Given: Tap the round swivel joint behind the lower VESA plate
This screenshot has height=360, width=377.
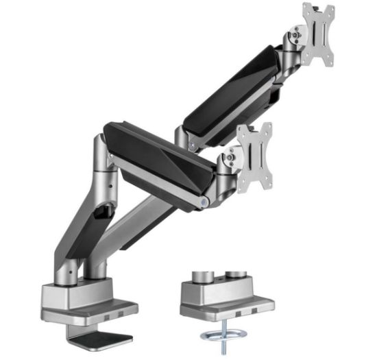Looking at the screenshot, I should coord(230,159).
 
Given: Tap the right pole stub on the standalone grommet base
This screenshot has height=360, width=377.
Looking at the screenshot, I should coord(237,275).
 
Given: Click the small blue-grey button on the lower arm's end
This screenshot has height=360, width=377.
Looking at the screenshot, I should coord(206,203).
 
